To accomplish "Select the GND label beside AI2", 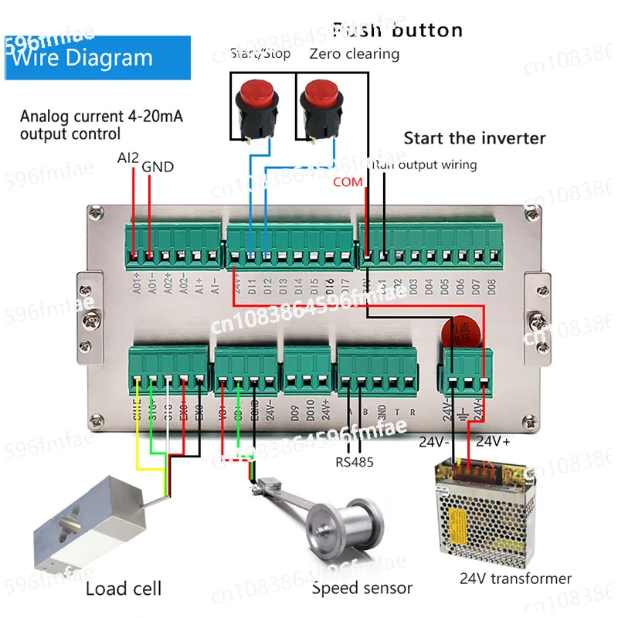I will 158,166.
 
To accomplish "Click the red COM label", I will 347,182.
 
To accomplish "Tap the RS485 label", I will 355,463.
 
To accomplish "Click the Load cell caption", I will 124,589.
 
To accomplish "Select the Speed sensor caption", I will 362,589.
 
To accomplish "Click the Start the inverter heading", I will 474,138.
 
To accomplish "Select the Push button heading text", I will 397,30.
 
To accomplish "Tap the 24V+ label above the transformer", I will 494,442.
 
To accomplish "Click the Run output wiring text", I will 424,165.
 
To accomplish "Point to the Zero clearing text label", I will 355,53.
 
